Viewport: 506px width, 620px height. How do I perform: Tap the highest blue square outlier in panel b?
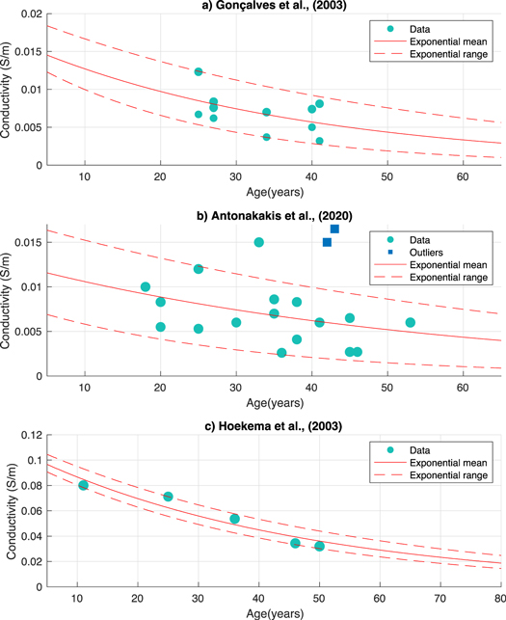(334, 229)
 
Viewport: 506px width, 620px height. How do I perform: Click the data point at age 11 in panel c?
(84, 485)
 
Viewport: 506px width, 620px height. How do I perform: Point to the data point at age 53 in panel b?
(411, 322)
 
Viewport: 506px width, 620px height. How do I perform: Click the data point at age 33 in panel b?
(259, 242)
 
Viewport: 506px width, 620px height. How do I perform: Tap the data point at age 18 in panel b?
(146, 286)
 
